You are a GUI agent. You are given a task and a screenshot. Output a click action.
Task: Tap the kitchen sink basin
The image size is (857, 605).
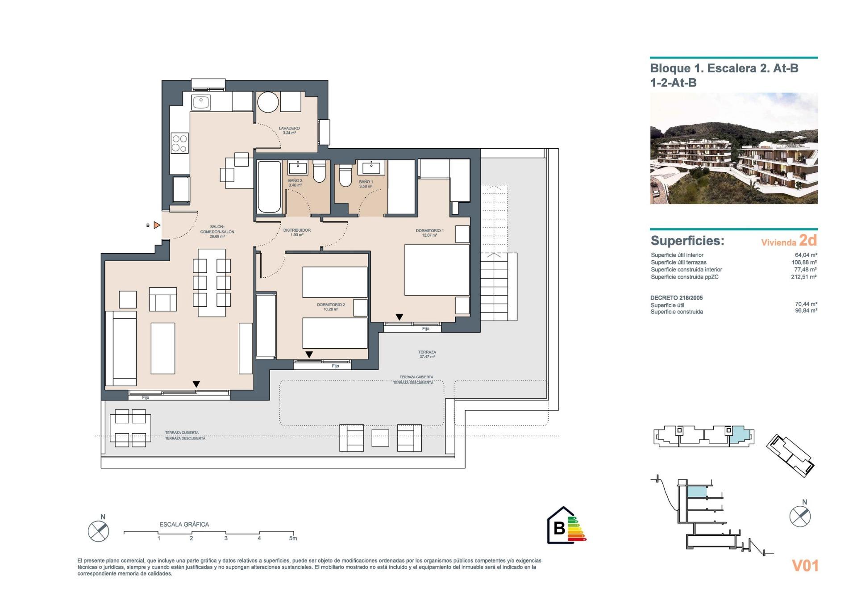pyautogui.click(x=201, y=103)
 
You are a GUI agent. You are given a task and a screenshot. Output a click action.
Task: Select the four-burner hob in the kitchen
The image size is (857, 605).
pyautogui.click(x=179, y=143)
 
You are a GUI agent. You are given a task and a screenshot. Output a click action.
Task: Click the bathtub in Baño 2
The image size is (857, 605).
pyautogui.click(x=269, y=187)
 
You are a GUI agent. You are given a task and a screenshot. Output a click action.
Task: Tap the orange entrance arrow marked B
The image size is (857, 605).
pyautogui.click(x=157, y=225)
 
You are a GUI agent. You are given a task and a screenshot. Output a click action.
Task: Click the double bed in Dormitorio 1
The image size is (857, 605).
pyautogui.click(x=437, y=270)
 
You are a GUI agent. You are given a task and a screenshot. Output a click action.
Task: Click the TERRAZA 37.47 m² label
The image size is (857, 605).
pyautogui.click(x=427, y=354)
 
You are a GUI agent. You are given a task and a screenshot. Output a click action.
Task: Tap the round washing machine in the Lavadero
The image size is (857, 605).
pyautogui.click(x=268, y=102)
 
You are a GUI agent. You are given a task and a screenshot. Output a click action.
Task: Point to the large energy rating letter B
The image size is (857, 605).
pyautogui.click(x=559, y=528)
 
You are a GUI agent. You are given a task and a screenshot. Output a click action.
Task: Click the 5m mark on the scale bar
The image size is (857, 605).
pyautogui.click(x=293, y=538)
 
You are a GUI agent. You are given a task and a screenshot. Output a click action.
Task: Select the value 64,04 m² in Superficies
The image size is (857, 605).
pyautogui.click(x=806, y=255)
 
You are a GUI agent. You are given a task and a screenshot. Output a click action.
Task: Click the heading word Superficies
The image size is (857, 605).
pyautogui.click(x=687, y=241)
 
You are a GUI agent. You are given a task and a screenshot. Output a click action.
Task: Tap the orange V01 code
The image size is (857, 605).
pyautogui.click(x=805, y=566)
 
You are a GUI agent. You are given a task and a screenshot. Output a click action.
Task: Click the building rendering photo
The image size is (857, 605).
pyautogui.click(x=733, y=149)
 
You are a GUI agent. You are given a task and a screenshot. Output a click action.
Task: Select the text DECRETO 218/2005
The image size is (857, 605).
pyautogui.click(x=676, y=298)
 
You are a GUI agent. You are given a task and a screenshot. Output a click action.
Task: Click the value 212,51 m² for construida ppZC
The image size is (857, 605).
pyautogui.click(x=803, y=277)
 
